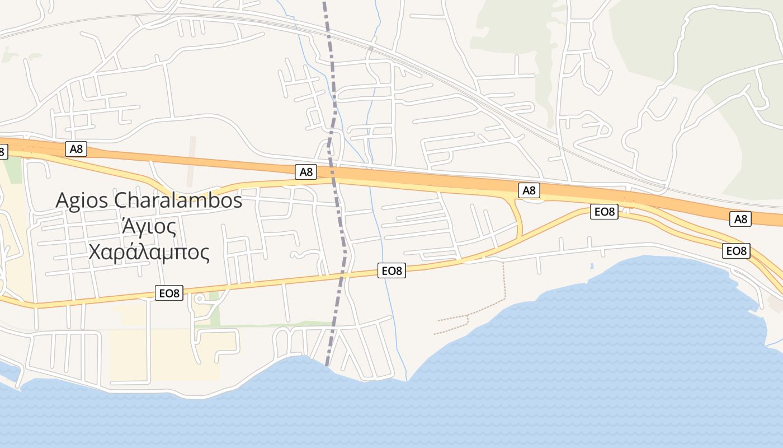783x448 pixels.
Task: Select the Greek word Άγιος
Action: click(149, 227)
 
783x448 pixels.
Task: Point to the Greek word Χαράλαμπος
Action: click(149, 253)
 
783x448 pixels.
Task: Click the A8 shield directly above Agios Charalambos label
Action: click(76, 149)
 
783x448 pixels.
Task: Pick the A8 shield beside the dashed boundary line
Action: click(306, 172)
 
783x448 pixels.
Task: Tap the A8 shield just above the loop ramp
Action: click(529, 190)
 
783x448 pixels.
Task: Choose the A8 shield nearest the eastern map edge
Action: click(740, 219)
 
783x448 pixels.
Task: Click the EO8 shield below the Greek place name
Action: click(169, 293)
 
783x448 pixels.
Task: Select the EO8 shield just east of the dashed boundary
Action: click(391, 271)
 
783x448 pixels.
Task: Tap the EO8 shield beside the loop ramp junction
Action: click(604, 212)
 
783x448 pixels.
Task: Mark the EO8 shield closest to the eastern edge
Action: click(736, 251)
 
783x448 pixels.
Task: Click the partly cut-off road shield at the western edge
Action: click(3, 151)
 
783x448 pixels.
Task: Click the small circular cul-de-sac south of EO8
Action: click(199, 298)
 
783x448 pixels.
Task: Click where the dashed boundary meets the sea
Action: click(327, 365)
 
